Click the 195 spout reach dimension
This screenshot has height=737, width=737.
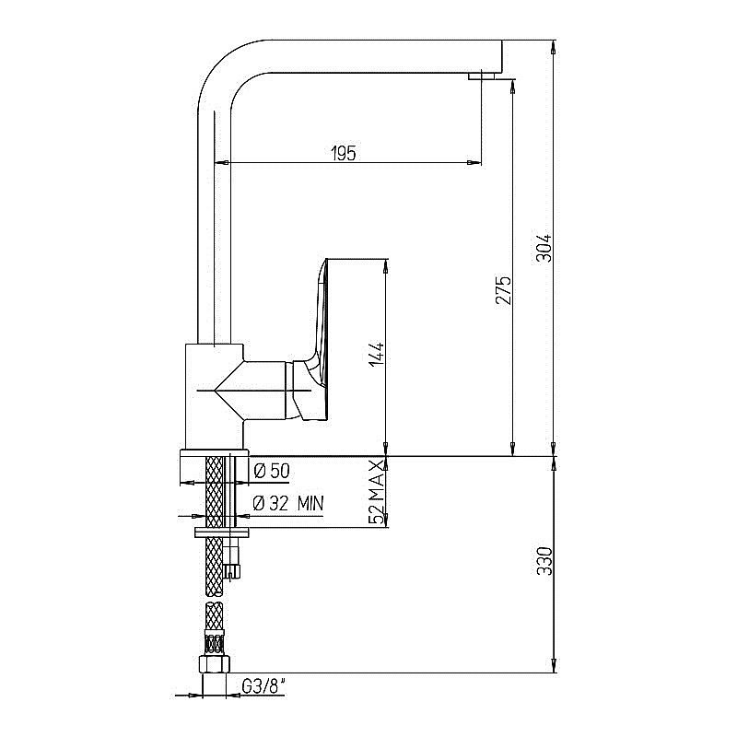click(x=343, y=153)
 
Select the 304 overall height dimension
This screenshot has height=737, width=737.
click(x=544, y=246)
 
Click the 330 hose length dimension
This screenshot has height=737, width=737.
click(x=544, y=561)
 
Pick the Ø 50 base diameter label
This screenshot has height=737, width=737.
click(x=271, y=471)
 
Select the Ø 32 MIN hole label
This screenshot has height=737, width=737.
click(x=288, y=503)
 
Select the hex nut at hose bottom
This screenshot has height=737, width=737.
click(x=214, y=665)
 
